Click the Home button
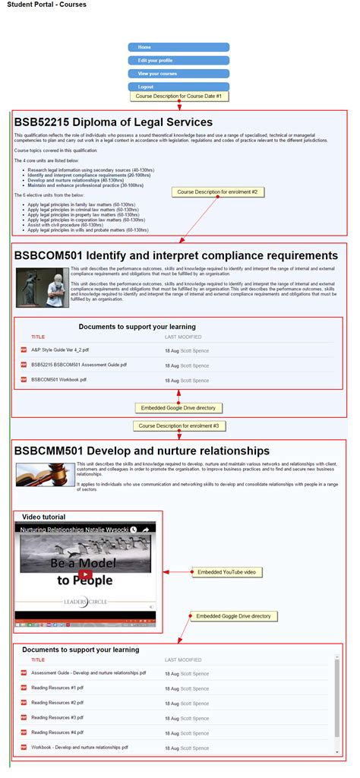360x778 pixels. (178, 47)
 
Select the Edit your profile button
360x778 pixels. (178, 60)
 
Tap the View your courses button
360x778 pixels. (178, 74)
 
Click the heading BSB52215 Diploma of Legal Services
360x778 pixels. (113, 122)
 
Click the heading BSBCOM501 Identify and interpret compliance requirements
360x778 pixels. (175, 255)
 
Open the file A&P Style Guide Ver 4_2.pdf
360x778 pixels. (60, 350)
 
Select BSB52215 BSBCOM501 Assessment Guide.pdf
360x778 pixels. (74, 365)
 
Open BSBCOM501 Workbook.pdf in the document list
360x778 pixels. (58, 379)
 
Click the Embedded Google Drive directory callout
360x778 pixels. (178, 408)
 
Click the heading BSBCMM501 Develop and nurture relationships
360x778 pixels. (141, 451)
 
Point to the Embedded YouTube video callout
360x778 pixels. (226, 571)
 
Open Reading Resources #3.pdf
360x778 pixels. (57, 717)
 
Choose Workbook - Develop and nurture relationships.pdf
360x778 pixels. (79, 747)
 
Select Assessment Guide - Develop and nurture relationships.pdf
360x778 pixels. (88, 673)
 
